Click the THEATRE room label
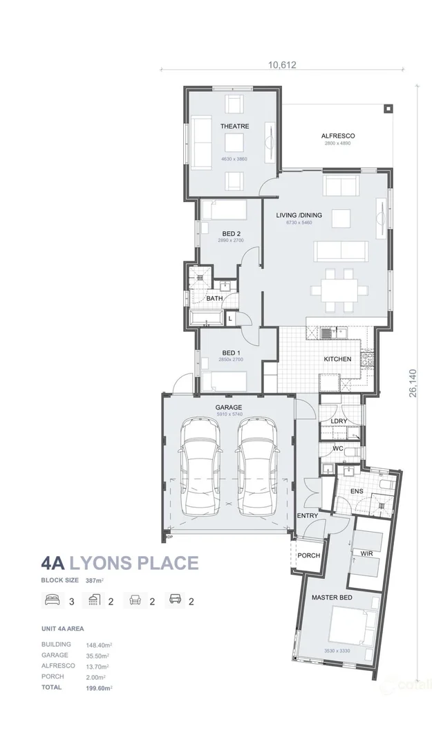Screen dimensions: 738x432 click(x=234, y=127)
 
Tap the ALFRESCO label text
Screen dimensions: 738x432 click(x=337, y=136)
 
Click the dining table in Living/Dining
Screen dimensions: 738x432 click(x=340, y=291)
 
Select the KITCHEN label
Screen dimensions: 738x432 click(x=338, y=359)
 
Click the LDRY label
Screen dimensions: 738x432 click(x=339, y=421)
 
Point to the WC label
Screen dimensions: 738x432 click(x=338, y=449)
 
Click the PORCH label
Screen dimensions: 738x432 click(x=308, y=555)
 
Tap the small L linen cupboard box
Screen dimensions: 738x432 click(x=229, y=317)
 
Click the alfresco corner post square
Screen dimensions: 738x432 click(x=388, y=109)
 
